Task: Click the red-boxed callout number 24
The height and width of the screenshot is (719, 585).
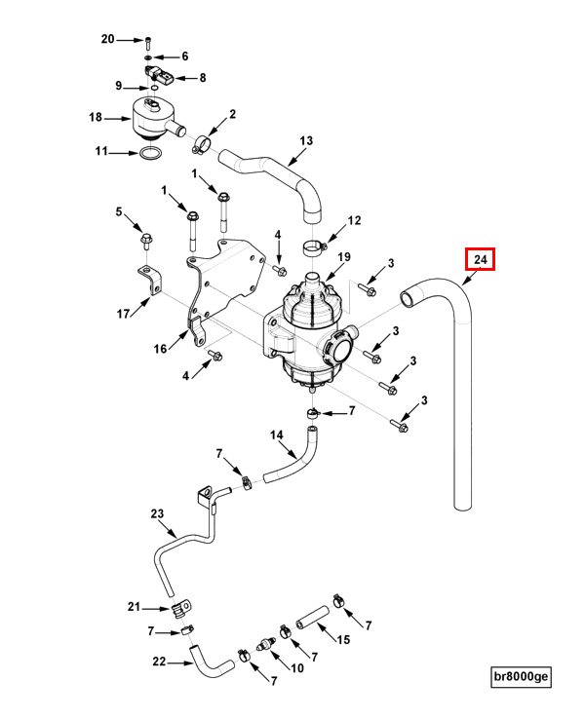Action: [x=480, y=259]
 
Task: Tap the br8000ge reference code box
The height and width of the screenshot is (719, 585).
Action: [x=521, y=676]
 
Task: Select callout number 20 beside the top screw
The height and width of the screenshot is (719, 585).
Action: [x=108, y=39]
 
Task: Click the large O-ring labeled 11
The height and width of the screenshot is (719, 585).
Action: [x=150, y=155]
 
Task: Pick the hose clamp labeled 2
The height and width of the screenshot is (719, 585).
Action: [x=201, y=143]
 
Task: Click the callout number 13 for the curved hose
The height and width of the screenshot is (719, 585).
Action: [x=306, y=140]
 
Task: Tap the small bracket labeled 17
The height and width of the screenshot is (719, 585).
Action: [x=150, y=279]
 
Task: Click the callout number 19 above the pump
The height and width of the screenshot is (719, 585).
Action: [x=344, y=257]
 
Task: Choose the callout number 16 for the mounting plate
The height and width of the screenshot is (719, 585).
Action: [x=160, y=349]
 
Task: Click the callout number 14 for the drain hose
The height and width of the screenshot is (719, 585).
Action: [x=277, y=435]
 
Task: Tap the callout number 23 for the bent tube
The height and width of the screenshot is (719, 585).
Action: [x=157, y=513]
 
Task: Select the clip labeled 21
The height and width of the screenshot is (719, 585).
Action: [x=181, y=609]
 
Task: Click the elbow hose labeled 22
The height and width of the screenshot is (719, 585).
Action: [x=211, y=661]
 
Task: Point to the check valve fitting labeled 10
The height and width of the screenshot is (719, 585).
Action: [x=265, y=644]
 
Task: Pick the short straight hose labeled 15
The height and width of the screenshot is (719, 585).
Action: [x=313, y=618]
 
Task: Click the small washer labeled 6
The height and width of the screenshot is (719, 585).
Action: [x=148, y=57]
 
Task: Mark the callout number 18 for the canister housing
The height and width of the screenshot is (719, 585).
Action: [x=96, y=117]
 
